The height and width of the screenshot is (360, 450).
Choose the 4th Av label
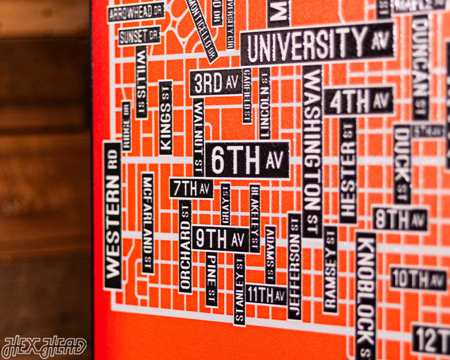359,101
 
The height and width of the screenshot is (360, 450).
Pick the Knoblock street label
365,294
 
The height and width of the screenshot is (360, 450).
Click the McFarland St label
148,223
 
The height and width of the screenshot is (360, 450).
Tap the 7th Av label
191,188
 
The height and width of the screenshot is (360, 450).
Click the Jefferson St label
294,266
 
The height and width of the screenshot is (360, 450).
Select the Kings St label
166,118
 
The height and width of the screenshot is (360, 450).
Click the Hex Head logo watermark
44,347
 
